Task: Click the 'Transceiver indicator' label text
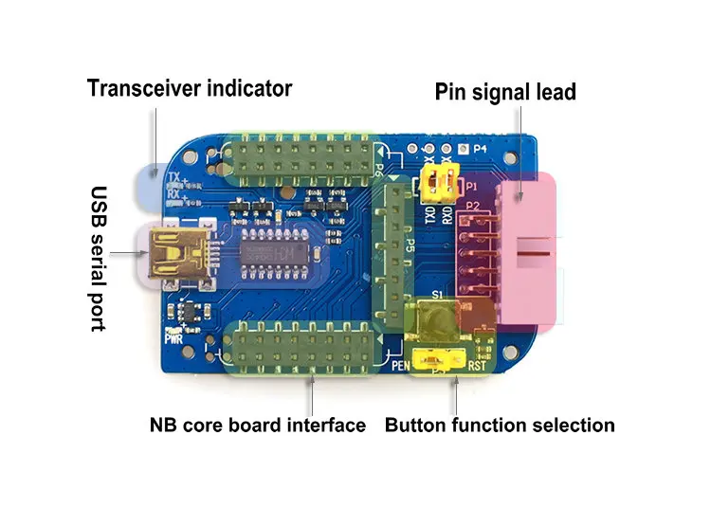(190, 88)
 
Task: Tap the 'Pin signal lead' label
(505, 92)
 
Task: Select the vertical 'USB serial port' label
(98, 257)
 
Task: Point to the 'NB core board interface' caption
(257, 425)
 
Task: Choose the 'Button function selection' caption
(500, 425)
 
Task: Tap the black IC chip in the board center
(274, 253)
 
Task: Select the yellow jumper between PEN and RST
(437, 360)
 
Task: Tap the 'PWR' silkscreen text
(173, 336)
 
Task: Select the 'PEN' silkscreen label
(402, 364)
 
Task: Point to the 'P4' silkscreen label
(480, 149)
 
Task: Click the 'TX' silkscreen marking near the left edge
(172, 177)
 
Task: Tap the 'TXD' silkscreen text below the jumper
(429, 214)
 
